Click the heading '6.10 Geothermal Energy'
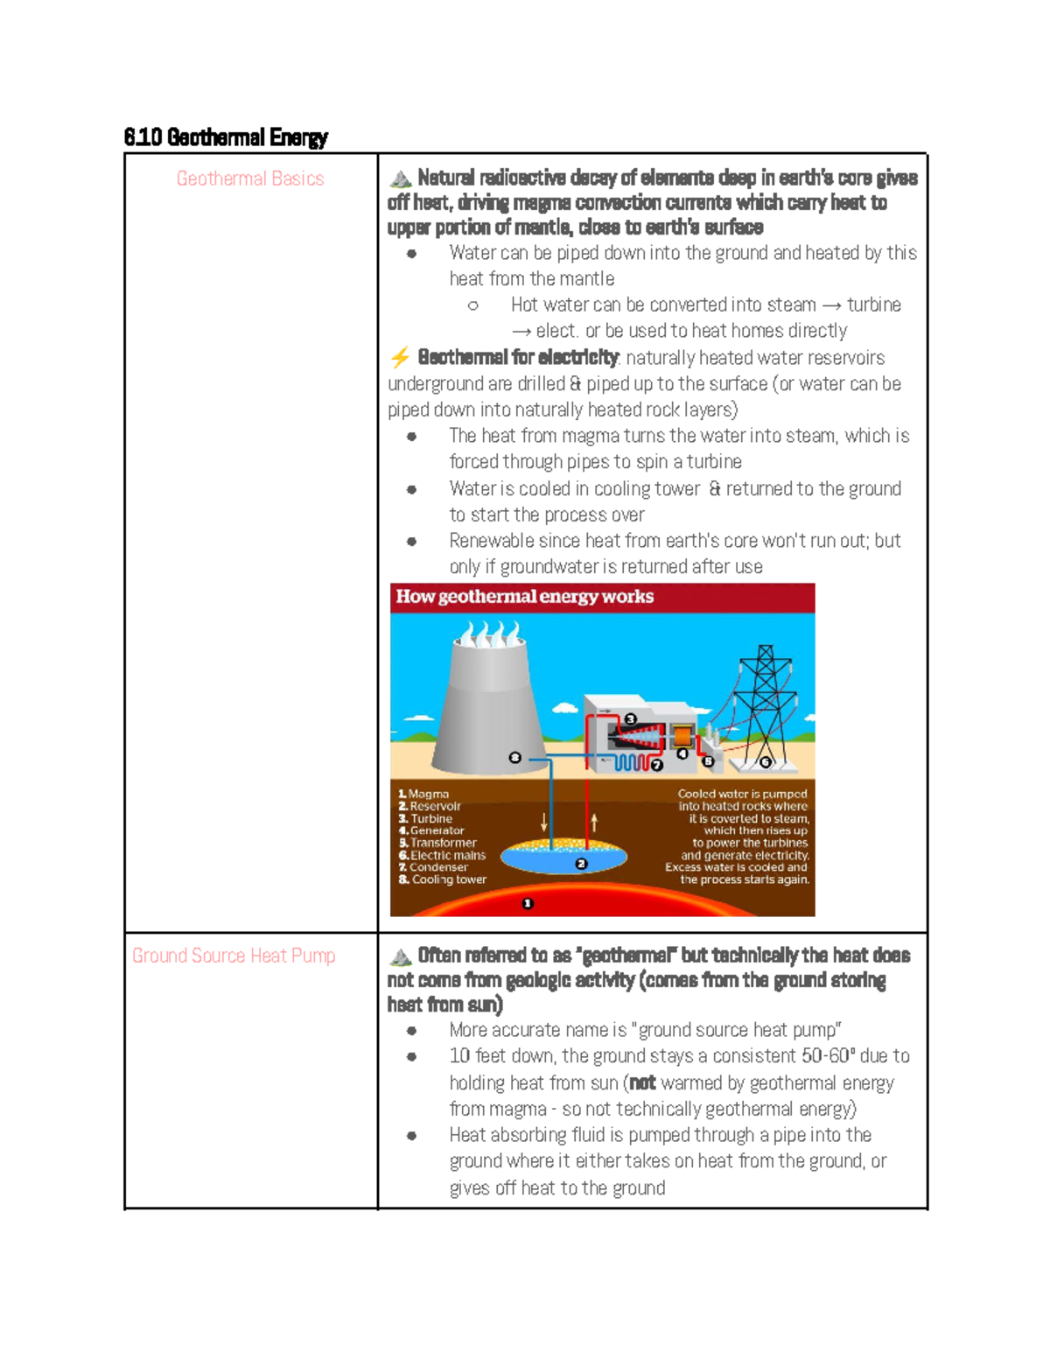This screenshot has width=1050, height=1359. tap(226, 137)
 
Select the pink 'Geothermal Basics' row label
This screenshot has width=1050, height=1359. tap(250, 179)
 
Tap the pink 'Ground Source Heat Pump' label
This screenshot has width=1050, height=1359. tap(234, 956)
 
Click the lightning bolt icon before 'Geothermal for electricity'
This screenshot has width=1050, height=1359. tap(400, 357)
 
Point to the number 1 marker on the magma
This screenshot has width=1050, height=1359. tap(528, 903)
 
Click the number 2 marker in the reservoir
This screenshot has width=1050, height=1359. tap(581, 864)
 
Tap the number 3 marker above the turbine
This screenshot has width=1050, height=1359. tap(630, 719)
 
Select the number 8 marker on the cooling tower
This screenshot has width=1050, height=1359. tap(514, 758)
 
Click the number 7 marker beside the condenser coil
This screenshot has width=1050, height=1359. tap(657, 765)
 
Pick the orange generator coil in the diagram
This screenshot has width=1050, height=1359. tap(682, 734)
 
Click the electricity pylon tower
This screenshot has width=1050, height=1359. tap(765, 700)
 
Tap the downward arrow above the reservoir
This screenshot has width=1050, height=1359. tap(544, 822)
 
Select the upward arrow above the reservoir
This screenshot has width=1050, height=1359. tap(594, 822)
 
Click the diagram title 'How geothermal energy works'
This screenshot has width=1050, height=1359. tap(525, 597)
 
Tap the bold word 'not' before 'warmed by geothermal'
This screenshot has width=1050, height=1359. tap(642, 1082)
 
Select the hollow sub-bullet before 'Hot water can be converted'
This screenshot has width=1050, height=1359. tap(473, 305)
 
